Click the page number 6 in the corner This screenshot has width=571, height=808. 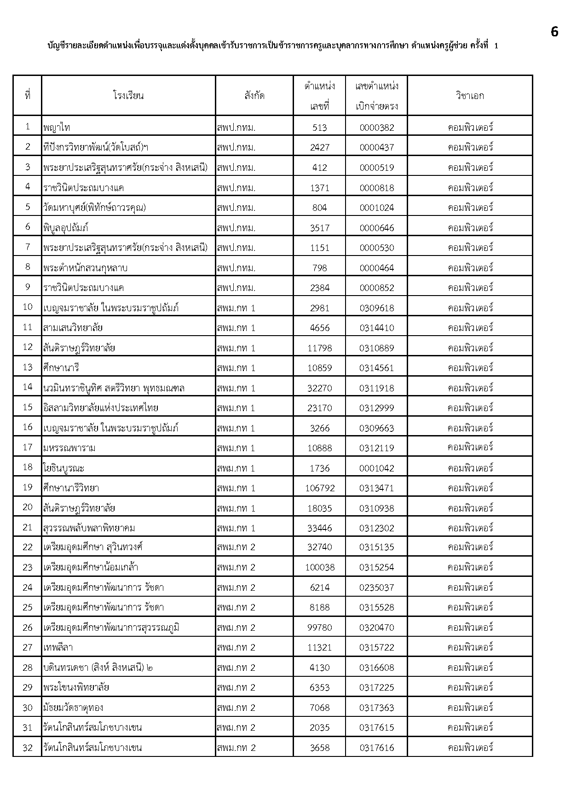point(554,32)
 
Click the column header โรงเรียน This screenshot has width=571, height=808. point(128,96)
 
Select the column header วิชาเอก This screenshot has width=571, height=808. point(470,96)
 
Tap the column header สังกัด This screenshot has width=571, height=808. point(254,96)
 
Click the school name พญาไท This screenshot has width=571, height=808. point(57,128)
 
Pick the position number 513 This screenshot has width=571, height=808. point(319,128)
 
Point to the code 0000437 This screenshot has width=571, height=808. point(376,147)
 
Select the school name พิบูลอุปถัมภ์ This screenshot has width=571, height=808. point(66,227)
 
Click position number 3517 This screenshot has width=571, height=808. point(319,227)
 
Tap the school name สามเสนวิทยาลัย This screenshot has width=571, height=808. point(73,328)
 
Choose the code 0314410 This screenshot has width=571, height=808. point(376,328)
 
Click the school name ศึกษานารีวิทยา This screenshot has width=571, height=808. point(71,488)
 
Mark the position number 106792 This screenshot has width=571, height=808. point(319,488)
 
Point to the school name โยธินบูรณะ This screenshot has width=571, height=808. point(64,468)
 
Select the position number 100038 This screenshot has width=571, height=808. point(319,568)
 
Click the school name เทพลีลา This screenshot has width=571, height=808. point(58,648)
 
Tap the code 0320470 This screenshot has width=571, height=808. point(376,628)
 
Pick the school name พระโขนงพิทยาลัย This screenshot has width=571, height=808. point(76,688)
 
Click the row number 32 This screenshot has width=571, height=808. point(28,748)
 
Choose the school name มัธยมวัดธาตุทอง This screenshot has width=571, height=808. point(73,708)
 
